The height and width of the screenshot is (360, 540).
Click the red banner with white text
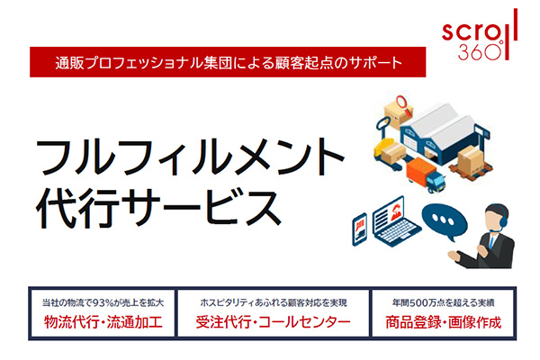coord(228,62)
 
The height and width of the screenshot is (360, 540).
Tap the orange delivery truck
coord(426,174)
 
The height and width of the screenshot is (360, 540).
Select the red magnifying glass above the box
coord(404,105)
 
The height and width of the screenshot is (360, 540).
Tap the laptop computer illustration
coord(396,222)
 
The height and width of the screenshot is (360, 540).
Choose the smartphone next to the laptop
coord(360,229)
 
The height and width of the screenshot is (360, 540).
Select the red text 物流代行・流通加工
coord(103,322)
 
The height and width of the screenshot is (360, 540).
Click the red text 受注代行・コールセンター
coord(273,322)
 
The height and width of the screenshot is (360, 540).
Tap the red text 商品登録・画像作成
coord(443,322)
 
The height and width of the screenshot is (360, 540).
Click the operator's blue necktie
coord(492,240)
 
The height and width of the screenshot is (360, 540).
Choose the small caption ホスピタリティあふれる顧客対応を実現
coord(274,302)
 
